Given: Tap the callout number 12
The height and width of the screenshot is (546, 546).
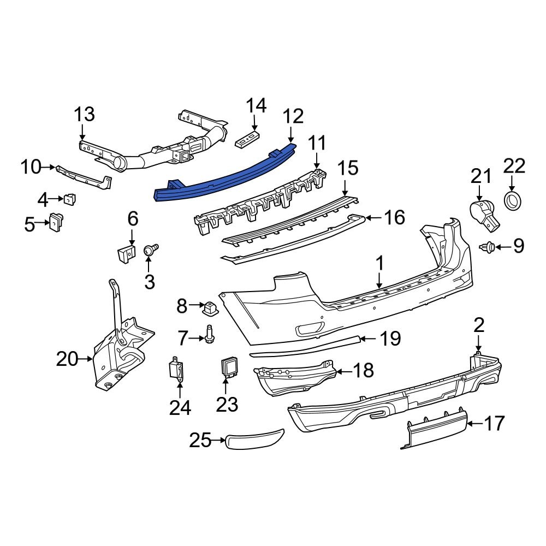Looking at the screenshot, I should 292,116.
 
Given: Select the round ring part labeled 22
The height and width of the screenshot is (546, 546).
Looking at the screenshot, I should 513,200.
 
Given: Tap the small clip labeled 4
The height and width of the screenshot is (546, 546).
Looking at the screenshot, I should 70,200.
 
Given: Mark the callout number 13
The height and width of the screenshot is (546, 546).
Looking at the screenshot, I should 84,115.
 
